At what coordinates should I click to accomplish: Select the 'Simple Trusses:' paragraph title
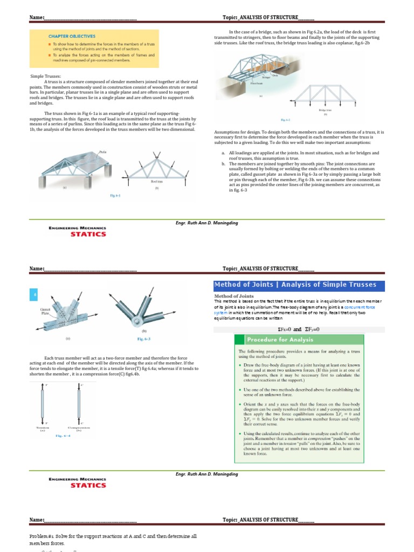[46, 77]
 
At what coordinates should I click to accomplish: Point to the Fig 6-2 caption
[286, 120]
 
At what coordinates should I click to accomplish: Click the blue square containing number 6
[34, 295]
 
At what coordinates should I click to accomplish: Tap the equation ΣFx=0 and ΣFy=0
[300, 328]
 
